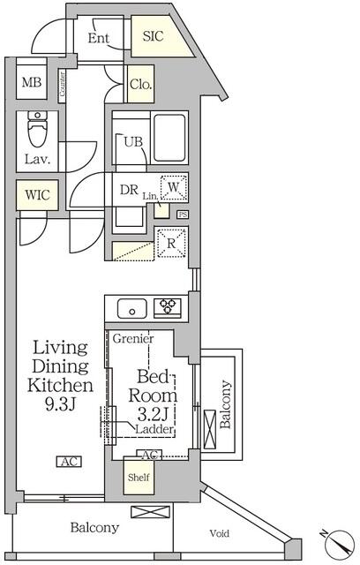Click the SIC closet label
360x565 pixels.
[153, 36]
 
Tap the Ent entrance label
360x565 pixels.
[98, 38]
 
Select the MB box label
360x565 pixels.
[32, 82]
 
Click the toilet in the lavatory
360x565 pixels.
[37, 129]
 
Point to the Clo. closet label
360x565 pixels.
[141, 85]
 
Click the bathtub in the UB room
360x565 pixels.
[171, 138]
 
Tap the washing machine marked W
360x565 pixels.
[174, 187]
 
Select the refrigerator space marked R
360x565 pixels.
[171, 244]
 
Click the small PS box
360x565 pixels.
[183, 215]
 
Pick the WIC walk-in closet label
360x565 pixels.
[37, 195]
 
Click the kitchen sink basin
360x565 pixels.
[132, 308]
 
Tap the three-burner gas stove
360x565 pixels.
[168, 307]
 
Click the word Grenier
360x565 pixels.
[133, 339]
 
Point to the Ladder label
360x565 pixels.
[154, 429]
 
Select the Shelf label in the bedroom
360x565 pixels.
[139, 478]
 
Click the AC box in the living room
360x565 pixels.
[69, 462]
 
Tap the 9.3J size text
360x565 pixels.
[60, 404]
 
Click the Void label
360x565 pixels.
[219, 533]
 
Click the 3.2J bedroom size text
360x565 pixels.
[153, 415]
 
